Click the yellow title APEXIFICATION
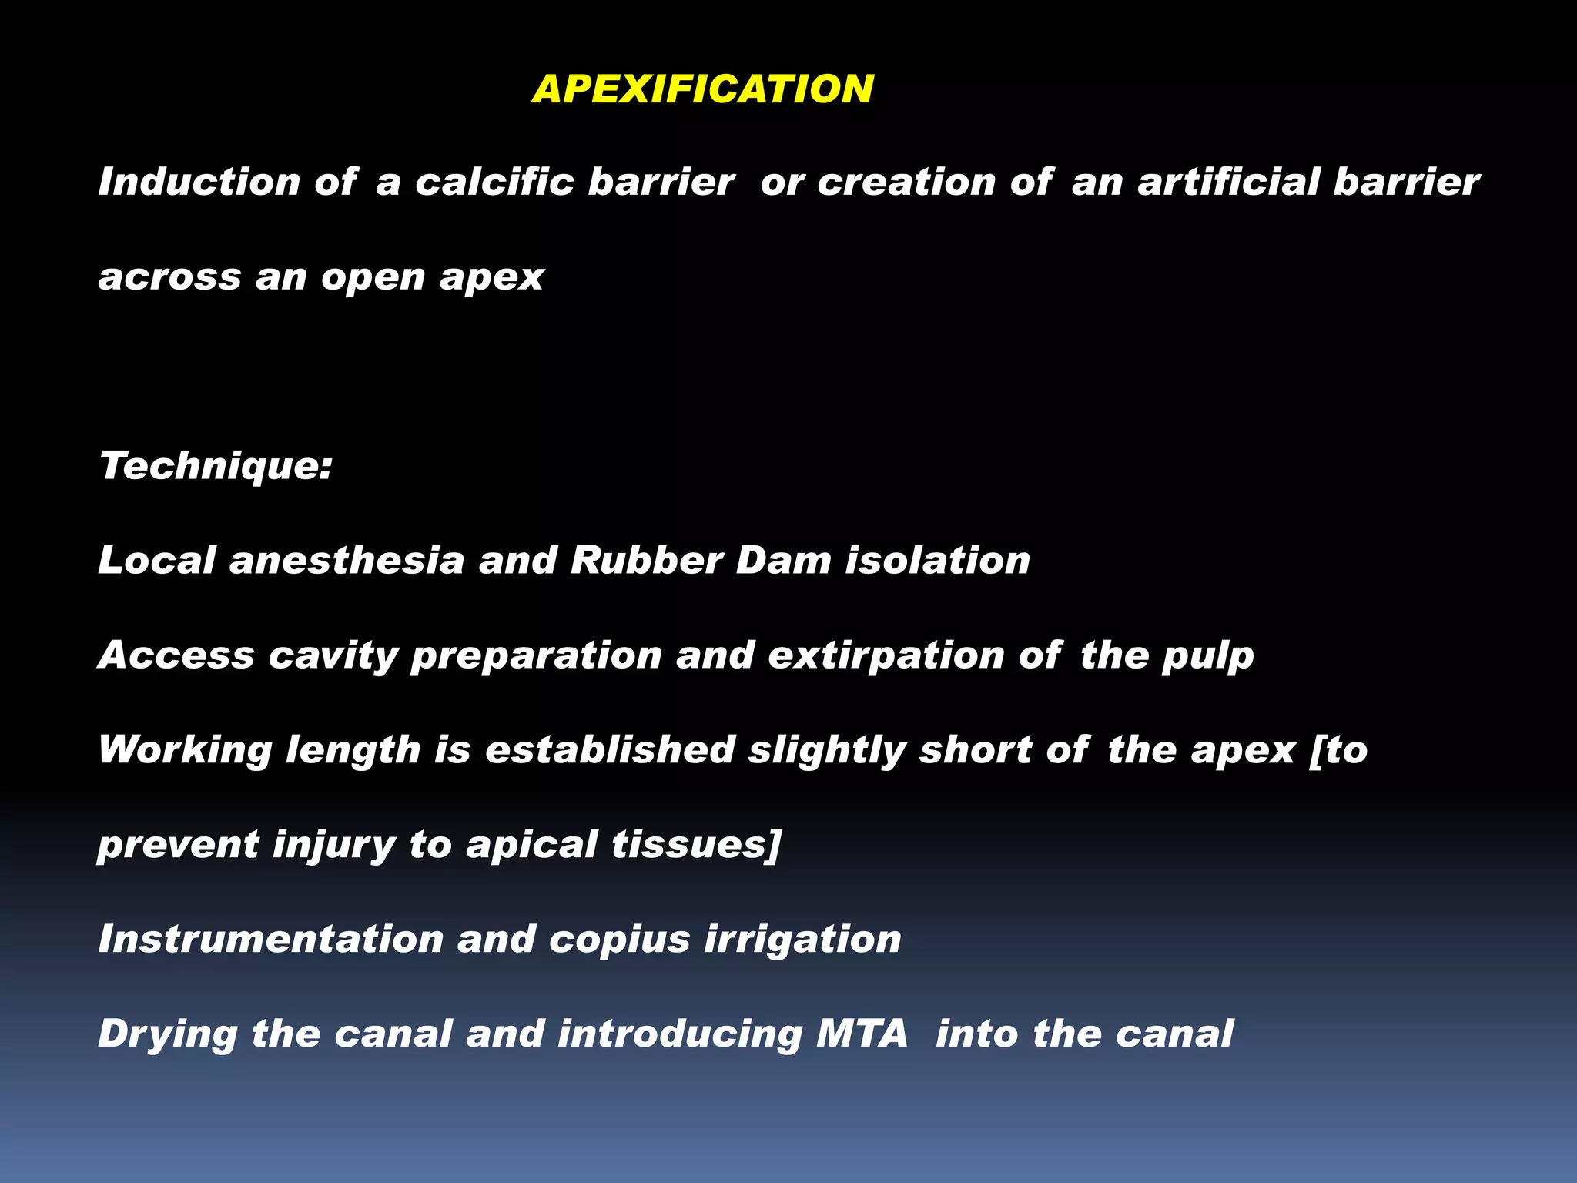click(x=702, y=89)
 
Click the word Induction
click(x=199, y=182)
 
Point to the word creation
click(x=906, y=182)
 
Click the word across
click(x=169, y=276)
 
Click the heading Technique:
click(x=216, y=466)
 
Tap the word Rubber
click(x=646, y=560)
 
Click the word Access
click(x=176, y=655)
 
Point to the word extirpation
click(x=886, y=656)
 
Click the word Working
click(x=185, y=750)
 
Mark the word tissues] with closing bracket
click(x=696, y=844)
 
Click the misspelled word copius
click(x=619, y=940)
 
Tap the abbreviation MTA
click(x=862, y=1034)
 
